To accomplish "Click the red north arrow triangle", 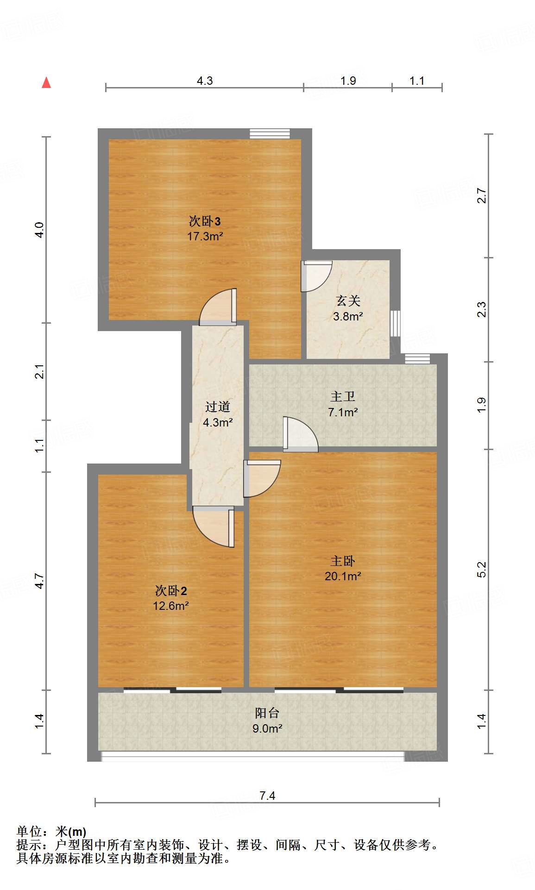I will pyautogui.click(x=46, y=83).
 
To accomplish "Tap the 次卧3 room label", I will pyautogui.click(x=204, y=221).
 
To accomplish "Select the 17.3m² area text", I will pyautogui.click(x=205, y=236).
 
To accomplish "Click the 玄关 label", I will pyautogui.click(x=348, y=301).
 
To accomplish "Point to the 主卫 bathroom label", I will pyautogui.click(x=343, y=396).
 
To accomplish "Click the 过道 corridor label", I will pyautogui.click(x=218, y=407).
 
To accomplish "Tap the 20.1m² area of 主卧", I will pyautogui.click(x=343, y=576).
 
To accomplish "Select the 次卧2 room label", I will pyautogui.click(x=171, y=590).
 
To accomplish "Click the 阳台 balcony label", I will pyautogui.click(x=267, y=713).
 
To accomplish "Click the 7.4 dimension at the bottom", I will pyautogui.click(x=267, y=796).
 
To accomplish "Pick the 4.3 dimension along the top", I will pyautogui.click(x=205, y=81).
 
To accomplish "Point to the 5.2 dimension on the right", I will pyautogui.click(x=482, y=569).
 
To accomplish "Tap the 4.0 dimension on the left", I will pyautogui.click(x=39, y=230).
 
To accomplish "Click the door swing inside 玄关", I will pyautogui.click(x=315, y=276).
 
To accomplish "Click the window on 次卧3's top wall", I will pyautogui.click(x=270, y=134).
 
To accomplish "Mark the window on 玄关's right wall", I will pyautogui.click(x=395, y=323).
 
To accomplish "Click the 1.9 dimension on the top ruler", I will pyautogui.click(x=348, y=81).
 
